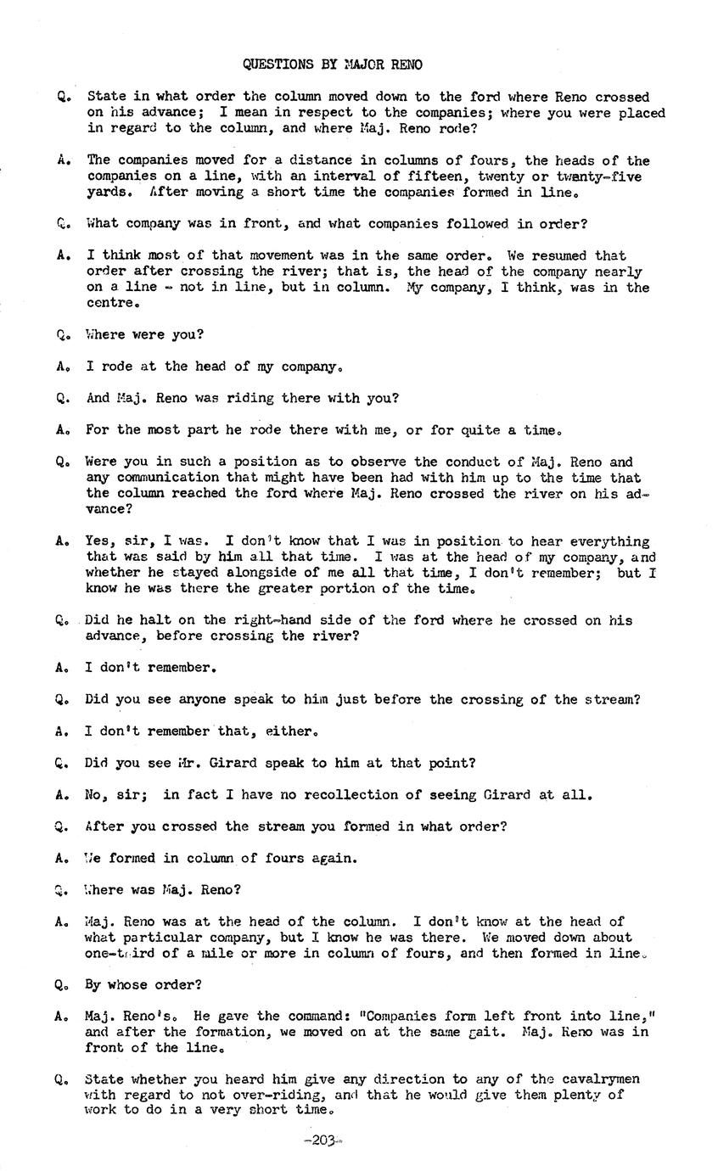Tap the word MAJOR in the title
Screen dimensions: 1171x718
tap(367, 64)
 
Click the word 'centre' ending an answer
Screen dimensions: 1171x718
tap(110, 303)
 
